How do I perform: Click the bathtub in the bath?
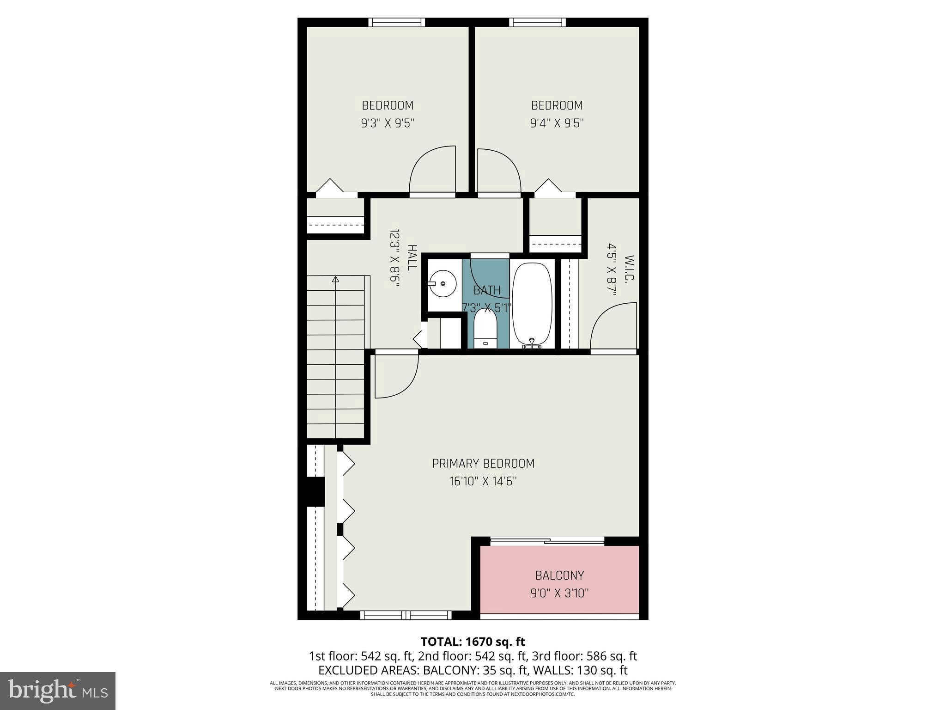click(532, 305)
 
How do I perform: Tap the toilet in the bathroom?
click(485, 328)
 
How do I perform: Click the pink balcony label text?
click(559, 575)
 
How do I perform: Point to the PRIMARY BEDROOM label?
click(483, 464)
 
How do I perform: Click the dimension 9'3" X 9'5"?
click(388, 123)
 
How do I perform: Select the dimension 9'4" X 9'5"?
click(557, 123)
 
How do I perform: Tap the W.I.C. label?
click(629, 269)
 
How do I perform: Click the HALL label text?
click(412, 258)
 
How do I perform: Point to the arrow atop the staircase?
click(335, 279)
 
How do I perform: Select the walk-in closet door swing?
click(613, 326)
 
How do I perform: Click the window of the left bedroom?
click(397, 22)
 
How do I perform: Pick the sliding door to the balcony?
click(547, 540)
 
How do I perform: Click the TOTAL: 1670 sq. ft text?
click(473, 642)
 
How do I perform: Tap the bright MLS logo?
click(57, 691)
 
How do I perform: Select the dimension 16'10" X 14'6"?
click(483, 482)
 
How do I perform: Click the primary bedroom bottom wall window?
click(406, 615)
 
